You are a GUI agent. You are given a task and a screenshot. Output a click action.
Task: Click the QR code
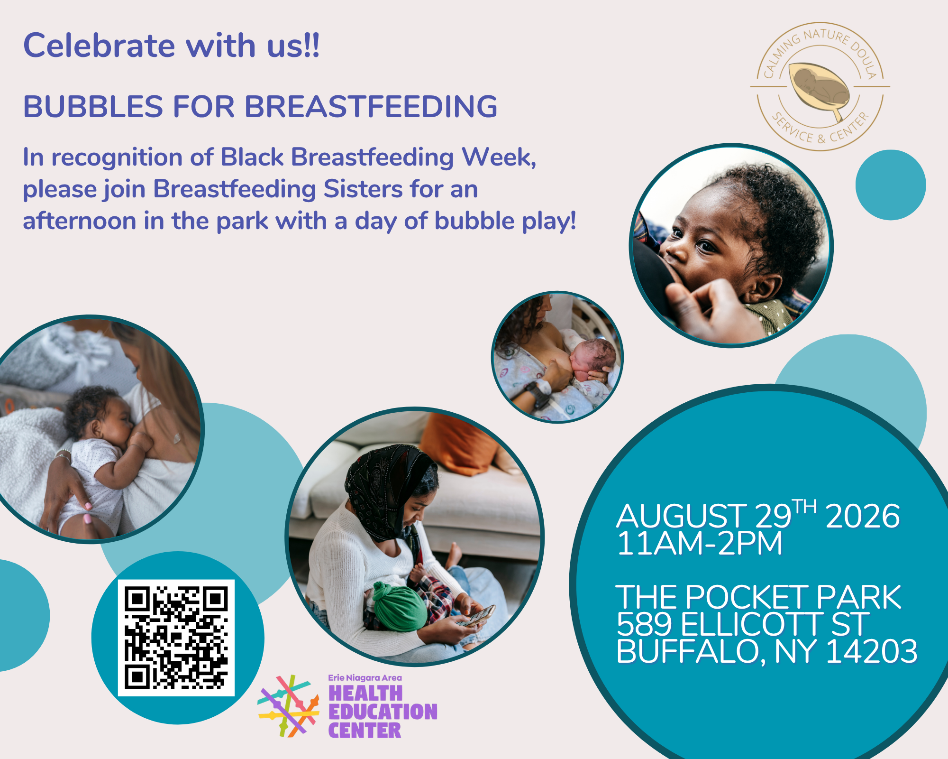coord(176,638)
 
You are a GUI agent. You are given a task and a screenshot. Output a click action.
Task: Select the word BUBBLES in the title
coord(93,106)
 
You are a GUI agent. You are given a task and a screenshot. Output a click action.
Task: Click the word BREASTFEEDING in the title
coord(371,106)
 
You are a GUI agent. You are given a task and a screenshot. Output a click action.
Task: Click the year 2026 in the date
coord(863,516)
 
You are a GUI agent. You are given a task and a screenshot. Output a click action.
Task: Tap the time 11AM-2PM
coord(700,543)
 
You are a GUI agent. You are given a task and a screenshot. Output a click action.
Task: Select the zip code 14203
coord(872,651)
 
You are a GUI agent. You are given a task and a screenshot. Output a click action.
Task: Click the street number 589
coord(644,624)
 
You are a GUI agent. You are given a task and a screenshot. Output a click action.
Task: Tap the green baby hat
coord(399,607)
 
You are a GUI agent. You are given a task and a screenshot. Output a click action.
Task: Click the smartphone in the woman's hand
coord(478,616)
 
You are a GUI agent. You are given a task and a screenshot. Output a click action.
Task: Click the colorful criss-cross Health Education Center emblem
coord(288,706)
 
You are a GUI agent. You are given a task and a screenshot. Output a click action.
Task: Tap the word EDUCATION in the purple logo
coord(383,712)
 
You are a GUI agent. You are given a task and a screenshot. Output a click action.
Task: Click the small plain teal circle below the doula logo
coord(891,185)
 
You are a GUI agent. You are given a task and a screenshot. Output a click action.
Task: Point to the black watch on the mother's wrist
coord(538,394)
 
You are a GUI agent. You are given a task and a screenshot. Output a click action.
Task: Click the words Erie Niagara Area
coord(365,678)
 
